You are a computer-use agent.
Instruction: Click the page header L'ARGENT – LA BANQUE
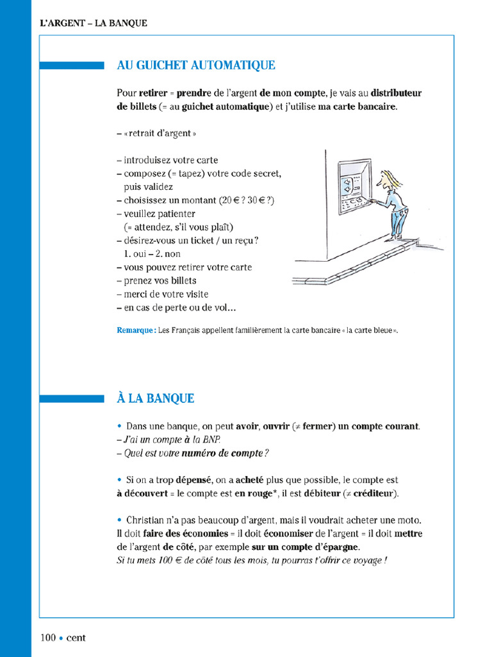click(93, 23)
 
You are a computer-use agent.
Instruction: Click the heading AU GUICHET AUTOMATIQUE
click(196, 65)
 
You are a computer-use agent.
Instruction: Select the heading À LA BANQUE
click(156, 398)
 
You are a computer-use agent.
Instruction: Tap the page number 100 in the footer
click(48, 638)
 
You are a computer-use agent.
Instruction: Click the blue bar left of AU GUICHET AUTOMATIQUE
click(71, 65)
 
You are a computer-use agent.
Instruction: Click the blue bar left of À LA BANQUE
click(71, 398)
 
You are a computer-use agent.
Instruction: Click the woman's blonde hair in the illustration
click(391, 178)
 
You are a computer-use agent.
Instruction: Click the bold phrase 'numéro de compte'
click(222, 453)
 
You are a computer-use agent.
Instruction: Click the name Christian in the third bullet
click(146, 520)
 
